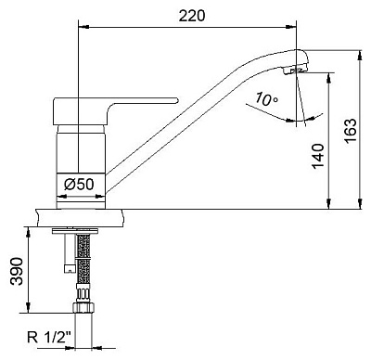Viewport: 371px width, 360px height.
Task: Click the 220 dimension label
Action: pos(192,16)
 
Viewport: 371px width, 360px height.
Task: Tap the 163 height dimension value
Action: pos(351,130)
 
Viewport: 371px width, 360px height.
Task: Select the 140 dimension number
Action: pos(318,156)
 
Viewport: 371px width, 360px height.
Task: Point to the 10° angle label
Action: pos(266,99)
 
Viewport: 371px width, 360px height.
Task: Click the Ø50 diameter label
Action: pos(79,185)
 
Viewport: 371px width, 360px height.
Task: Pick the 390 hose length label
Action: pos(17,271)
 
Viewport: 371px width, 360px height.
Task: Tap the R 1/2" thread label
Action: pos(49,338)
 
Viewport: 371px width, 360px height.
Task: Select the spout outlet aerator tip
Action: pos(294,71)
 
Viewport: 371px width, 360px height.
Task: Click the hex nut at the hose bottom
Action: pos(83,308)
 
